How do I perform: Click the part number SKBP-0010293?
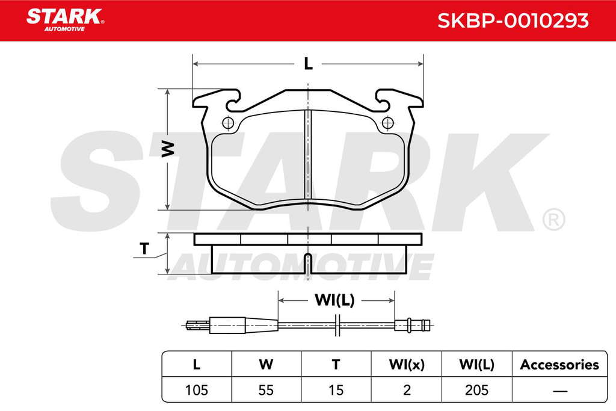513,20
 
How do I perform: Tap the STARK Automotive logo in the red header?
65,20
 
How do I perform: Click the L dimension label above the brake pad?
309,64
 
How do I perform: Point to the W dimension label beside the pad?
168,149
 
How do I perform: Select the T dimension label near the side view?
144,249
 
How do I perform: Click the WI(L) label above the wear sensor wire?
334,300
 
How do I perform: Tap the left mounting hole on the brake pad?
228,123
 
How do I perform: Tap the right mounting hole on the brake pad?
388,123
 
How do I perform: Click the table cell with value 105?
197,390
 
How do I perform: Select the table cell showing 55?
266,390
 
